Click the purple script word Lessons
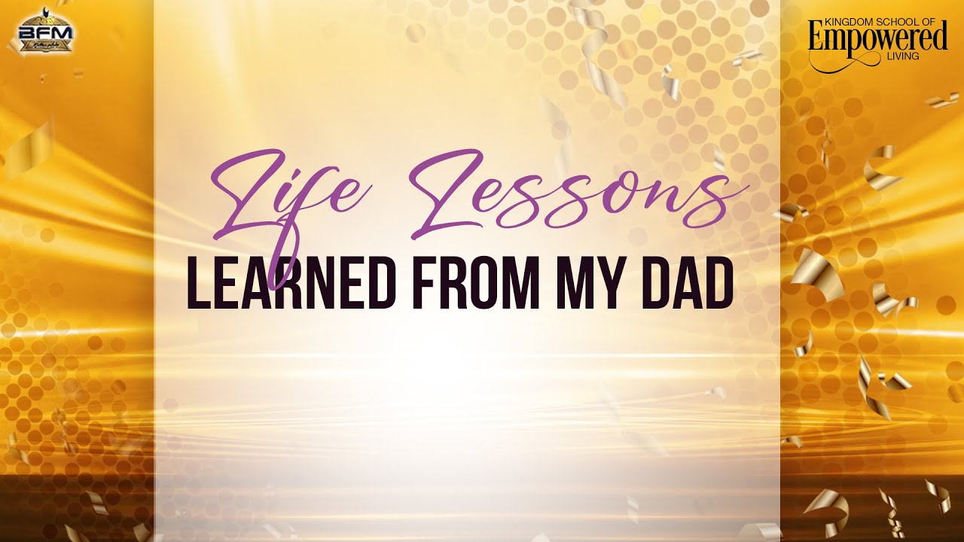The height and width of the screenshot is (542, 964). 565,192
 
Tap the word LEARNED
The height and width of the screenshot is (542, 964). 291,284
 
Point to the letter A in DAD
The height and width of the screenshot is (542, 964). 680,284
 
